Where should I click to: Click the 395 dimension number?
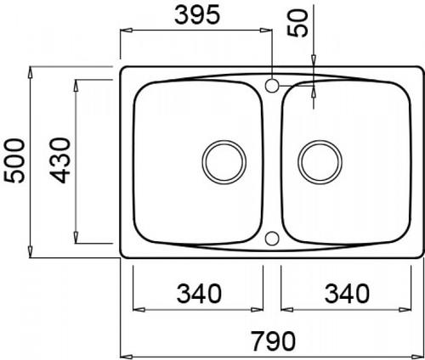click(197, 14)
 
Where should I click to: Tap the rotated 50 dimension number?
click(297, 23)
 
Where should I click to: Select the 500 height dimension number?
click(14, 160)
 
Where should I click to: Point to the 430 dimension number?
click(59, 160)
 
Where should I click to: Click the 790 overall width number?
click(274, 341)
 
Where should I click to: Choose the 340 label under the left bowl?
click(199, 294)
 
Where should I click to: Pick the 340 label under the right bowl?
click(347, 294)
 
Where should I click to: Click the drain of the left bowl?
click(224, 162)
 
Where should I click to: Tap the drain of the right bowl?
click(320, 162)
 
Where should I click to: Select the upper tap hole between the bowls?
click(272, 86)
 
